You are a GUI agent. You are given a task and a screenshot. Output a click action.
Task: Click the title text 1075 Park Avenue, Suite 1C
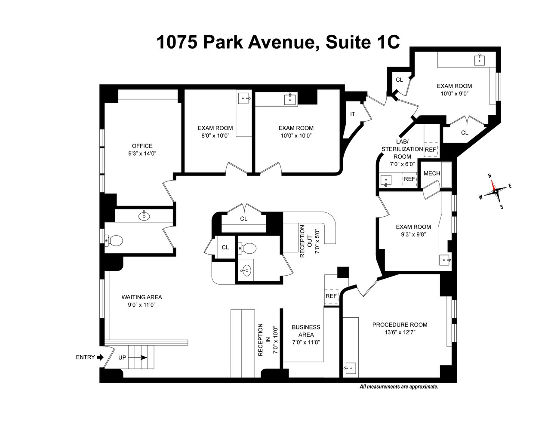pos(278,43)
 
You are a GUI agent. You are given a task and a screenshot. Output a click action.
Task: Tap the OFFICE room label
pos(142,146)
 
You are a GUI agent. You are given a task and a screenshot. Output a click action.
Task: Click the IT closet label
pos(353,114)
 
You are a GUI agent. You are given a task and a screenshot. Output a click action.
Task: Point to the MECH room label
pos(431,173)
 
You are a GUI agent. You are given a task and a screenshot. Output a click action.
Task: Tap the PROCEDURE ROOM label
pos(400,325)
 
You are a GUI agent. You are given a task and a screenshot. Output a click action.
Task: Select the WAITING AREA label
pos(142,297)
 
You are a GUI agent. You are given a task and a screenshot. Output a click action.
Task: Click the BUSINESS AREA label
pos(306,331)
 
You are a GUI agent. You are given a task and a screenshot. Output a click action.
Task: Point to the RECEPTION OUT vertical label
pos(302,241)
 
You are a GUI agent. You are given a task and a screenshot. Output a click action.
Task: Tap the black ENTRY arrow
pos(100,357)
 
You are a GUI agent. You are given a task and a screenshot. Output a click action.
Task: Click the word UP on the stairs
pos(122,357)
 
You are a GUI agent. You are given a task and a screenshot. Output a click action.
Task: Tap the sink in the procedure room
pos(351,368)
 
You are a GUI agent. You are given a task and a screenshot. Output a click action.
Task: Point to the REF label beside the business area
pos(331,296)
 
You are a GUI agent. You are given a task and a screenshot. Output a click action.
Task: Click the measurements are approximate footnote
pos(399,387)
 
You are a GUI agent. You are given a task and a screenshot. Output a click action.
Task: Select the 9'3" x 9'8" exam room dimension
pos(413,234)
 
